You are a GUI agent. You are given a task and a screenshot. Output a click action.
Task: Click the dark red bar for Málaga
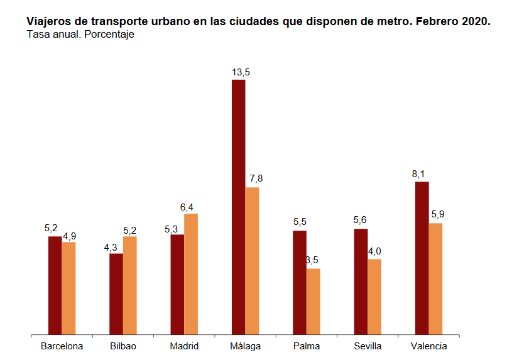pos(239,207)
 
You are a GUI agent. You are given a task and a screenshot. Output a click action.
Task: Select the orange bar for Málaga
pos(252,261)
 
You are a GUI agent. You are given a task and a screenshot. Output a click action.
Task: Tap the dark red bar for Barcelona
pos(55,285)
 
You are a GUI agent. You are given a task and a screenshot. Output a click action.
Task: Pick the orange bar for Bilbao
pos(130,285)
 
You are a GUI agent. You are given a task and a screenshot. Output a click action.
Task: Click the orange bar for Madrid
pos(191,274)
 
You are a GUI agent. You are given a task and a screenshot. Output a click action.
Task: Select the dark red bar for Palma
pos(300,283)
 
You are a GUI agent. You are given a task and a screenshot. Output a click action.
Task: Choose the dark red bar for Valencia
pos(422,258)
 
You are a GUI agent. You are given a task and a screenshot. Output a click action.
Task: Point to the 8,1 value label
pos(419,173)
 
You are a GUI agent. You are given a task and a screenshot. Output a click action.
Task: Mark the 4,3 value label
pos(111,247)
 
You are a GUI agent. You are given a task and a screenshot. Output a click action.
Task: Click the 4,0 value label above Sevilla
pos(375,251)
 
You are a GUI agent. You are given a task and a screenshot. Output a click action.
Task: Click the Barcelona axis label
pos(62,346)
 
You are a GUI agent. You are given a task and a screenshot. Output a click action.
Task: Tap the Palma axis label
pos(306,346)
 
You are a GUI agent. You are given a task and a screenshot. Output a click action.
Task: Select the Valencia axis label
pos(429,346)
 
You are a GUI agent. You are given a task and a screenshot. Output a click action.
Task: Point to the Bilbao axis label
pos(123,346)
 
